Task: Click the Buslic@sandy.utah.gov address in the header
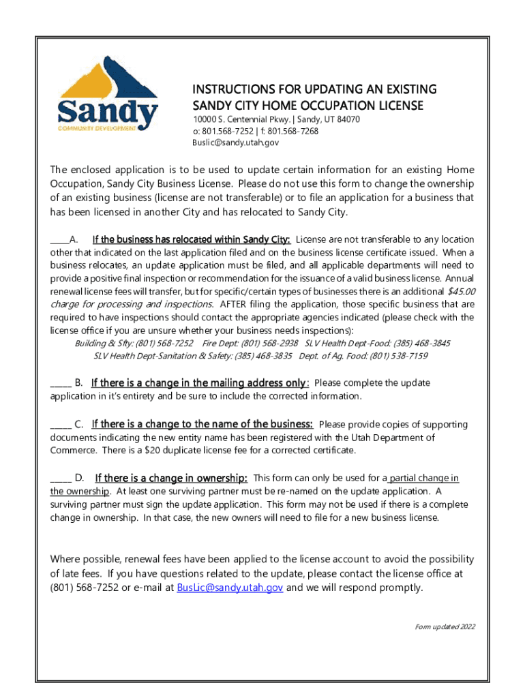(235, 143)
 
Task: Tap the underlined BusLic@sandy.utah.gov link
(230, 588)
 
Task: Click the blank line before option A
(60, 240)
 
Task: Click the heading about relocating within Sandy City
(192, 239)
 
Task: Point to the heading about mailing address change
(199, 382)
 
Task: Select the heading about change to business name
(202, 424)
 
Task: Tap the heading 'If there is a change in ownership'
(171, 478)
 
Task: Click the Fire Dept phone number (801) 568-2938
(269, 343)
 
